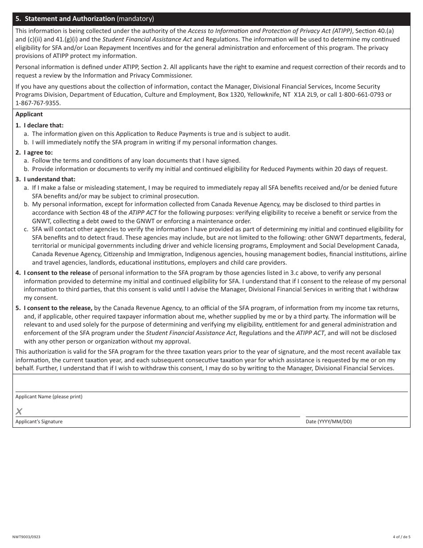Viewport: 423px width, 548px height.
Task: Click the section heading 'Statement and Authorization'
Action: [x=70, y=19]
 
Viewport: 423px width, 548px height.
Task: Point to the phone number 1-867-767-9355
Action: [x=38, y=103]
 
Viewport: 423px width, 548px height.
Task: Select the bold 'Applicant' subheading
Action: [x=29, y=115]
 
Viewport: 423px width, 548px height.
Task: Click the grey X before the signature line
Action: [x=19, y=411]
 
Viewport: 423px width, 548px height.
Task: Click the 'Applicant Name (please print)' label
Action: [x=49, y=397]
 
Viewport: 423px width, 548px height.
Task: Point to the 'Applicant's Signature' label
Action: [x=39, y=421]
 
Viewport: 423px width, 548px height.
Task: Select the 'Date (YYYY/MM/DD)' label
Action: [x=329, y=421]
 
